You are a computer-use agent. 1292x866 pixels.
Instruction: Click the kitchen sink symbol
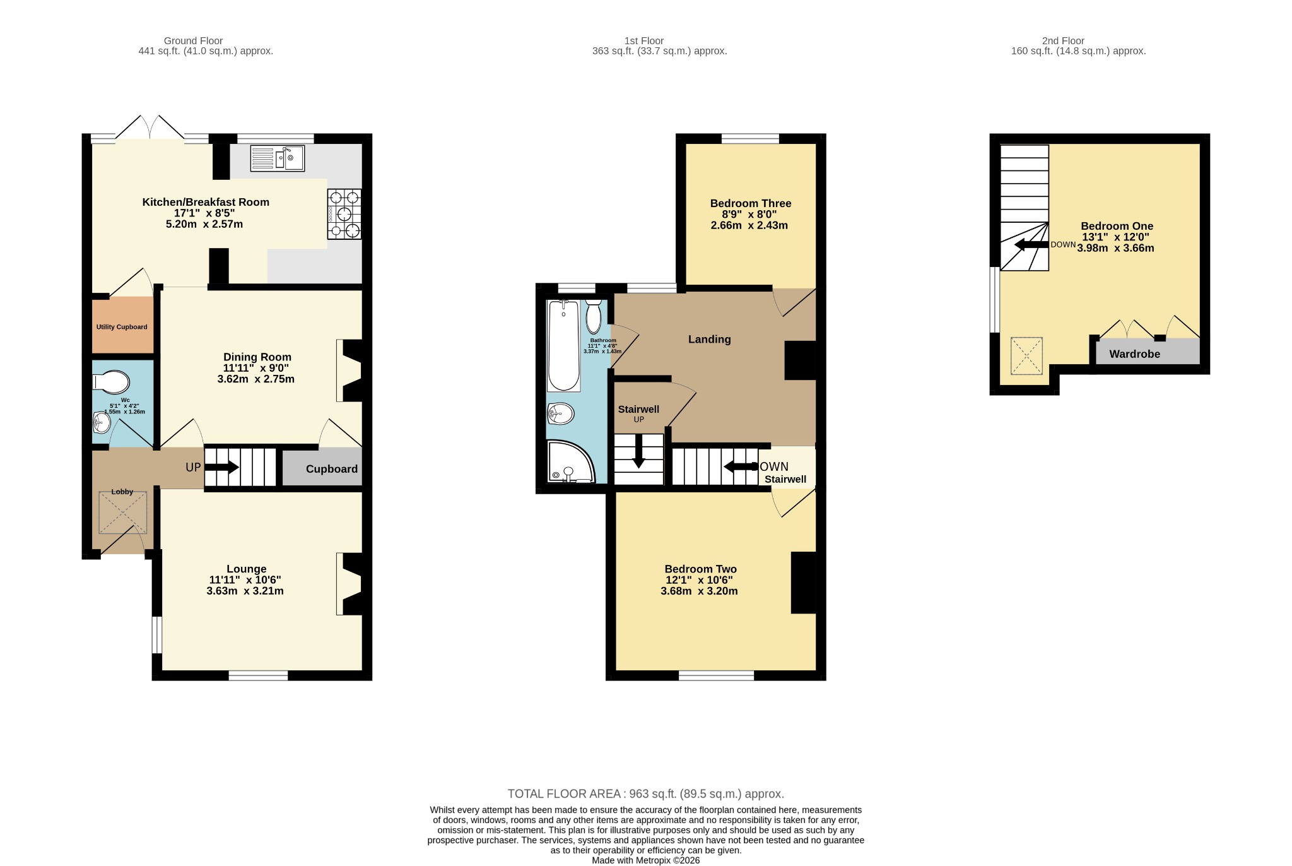point(277,158)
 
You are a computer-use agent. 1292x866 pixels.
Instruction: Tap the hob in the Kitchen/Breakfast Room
point(344,214)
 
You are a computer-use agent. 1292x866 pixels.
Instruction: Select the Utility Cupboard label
point(122,327)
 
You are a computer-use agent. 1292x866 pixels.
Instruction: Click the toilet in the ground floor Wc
point(111,382)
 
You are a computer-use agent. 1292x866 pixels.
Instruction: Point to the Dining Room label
point(257,357)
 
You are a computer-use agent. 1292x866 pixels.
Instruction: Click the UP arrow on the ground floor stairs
point(221,467)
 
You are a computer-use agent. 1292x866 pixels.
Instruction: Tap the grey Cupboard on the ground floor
point(322,466)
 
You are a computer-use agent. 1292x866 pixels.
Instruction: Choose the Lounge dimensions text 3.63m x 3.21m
point(245,591)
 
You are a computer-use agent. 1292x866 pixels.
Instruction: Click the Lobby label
point(122,492)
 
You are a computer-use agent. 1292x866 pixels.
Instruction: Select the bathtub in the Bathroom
point(564,346)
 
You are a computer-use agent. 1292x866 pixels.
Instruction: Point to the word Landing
point(709,340)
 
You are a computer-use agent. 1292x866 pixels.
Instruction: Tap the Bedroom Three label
point(751,203)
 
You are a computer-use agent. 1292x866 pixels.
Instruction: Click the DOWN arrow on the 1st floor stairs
point(741,467)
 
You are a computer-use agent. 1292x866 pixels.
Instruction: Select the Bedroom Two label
point(700,569)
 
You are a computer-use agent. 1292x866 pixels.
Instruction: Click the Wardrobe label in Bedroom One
point(1134,354)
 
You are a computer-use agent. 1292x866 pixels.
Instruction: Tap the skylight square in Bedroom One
point(1026,357)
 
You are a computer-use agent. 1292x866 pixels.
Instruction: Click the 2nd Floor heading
point(1063,41)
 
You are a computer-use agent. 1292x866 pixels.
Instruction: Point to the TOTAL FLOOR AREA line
point(646,794)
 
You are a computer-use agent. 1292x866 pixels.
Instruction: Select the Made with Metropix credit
point(645,860)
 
